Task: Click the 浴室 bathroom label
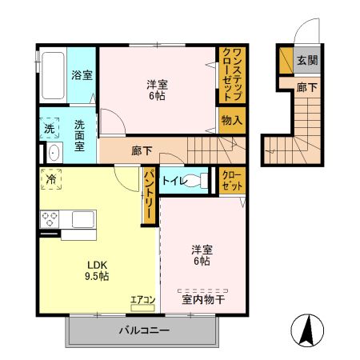(82, 75)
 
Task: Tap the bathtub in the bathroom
(53, 75)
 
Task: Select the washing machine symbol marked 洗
(50, 128)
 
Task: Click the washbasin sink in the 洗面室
(54, 153)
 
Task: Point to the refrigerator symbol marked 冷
(51, 179)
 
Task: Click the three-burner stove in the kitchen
(50, 219)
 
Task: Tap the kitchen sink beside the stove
(83, 219)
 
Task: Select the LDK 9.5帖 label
(97, 270)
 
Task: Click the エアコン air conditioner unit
(142, 308)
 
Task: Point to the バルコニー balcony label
(144, 330)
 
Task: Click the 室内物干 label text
(203, 300)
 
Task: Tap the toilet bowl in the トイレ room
(195, 181)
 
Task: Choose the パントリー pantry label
(149, 195)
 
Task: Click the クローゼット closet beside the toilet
(232, 181)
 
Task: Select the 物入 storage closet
(232, 120)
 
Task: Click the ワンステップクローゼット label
(232, 75)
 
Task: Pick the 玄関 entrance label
(307, 61)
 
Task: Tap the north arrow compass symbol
(307, 330)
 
